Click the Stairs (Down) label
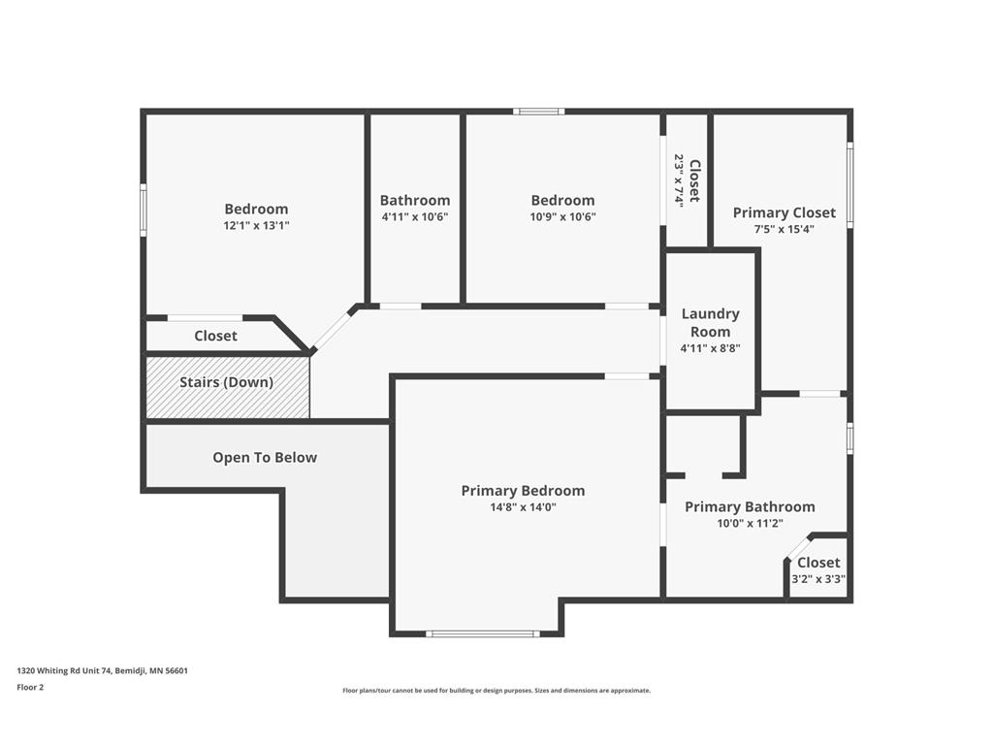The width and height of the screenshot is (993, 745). [x=226, y=382]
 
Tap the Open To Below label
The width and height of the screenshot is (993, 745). [x=265, y=457]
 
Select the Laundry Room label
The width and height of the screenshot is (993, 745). [x=710, y=322]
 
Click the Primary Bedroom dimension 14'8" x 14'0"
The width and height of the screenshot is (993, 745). [x=523, y=506]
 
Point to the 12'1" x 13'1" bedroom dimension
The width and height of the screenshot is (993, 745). [x=256, y=224]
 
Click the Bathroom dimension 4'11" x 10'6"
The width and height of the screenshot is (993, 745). [x=414, y=216]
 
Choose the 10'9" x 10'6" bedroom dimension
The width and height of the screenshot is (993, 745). [x=562, y=216]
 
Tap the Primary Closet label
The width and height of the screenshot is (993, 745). [x=784, y=212]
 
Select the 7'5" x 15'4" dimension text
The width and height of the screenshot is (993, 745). [x=784, y=229]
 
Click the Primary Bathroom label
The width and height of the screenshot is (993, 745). [x=750, y=506]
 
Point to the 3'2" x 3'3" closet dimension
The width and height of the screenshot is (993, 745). [x=818, y=579]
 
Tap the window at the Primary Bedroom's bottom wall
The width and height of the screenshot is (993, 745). [x=482, y=633]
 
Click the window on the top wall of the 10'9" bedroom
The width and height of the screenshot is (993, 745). [x=539, y=112]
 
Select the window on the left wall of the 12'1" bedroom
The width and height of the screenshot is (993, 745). [x=144, y=211]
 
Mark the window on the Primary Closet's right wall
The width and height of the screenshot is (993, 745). [x=850, y=185]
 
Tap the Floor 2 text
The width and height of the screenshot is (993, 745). [x=30, y=687]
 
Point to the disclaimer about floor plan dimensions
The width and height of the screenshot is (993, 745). [x=496, y=691]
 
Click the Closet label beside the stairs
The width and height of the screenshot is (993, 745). [x=215, y=336]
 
